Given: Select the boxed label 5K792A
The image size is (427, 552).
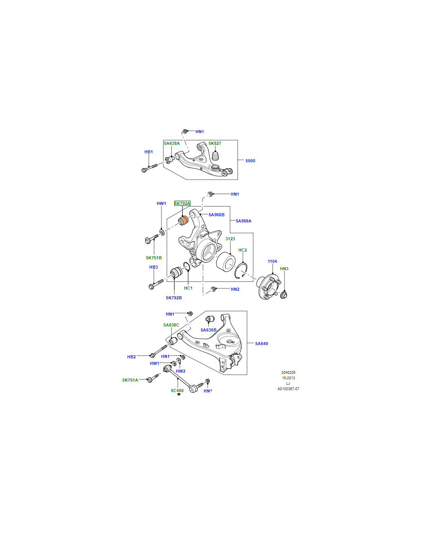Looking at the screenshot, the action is [x=182, y=203].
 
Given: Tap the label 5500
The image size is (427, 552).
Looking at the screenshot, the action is [x=250, y=161].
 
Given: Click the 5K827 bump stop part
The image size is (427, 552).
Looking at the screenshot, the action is [x=215, y=156].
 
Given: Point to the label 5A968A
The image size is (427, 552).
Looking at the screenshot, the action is [x=243, y=221].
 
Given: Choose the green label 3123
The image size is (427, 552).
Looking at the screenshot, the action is [x=230, y=238].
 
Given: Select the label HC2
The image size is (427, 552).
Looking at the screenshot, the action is [x=243, y=250].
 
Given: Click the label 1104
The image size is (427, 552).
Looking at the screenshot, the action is [x=272, y=261].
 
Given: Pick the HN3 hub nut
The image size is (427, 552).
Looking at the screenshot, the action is [x=285, y=295].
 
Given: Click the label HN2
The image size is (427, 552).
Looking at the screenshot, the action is [x=235, y=289].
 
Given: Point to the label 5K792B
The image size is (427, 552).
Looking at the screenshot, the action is [x=174, y=298].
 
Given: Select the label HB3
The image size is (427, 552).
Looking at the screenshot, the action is [x=153, y=267].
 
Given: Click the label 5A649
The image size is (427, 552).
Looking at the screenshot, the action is [x=261, y=344].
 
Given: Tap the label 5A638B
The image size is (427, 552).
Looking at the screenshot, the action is [x=208, y=330].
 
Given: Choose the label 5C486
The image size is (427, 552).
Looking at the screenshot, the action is [x=177, y=391].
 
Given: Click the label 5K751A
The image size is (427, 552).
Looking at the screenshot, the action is [x=130, y=380].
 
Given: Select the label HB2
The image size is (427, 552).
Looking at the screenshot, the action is [x=131, y=357].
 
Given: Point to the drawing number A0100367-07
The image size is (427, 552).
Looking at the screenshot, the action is [x=288, y=389].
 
